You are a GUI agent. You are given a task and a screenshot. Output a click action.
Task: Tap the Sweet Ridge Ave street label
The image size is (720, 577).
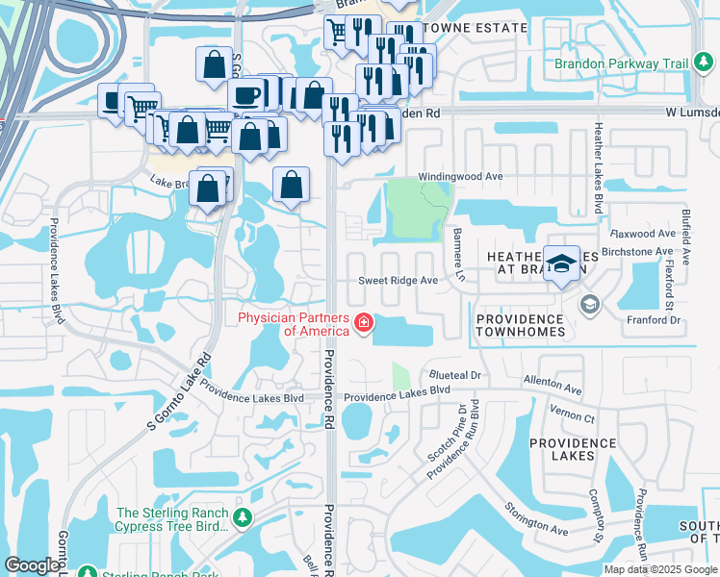[399, 281]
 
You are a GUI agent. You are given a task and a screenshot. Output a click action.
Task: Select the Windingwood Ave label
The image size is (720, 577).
[460, 178]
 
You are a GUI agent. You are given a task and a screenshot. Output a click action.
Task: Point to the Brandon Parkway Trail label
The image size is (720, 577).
[622, 64]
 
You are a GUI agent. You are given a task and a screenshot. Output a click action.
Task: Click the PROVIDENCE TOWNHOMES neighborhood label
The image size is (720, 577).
[520, 325]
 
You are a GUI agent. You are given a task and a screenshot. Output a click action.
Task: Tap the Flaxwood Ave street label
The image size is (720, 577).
[644, 234]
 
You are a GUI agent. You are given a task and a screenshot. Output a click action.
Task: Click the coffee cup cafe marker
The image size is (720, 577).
[246, 96]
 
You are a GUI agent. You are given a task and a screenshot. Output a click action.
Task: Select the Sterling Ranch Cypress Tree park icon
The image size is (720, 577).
[243, 519]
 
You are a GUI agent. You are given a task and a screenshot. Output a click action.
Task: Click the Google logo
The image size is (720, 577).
[33, 565]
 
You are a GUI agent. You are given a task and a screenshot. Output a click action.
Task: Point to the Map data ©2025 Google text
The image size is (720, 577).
[660, 569]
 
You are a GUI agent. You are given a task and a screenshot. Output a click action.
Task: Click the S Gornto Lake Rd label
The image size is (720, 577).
[178, 390]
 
